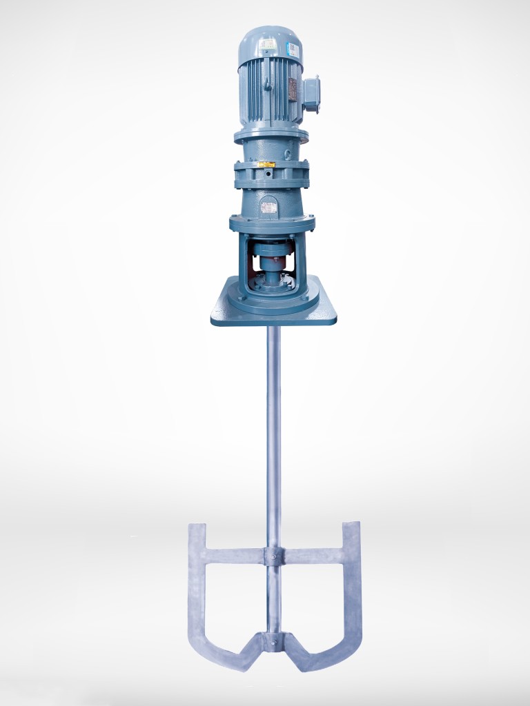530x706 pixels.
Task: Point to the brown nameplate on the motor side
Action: pyautogui.click(x=292, y=88)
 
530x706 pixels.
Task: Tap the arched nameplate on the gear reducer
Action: pyautogui.click(x=270, y=203)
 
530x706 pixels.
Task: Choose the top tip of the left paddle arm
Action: pyautogui.click(x=197, y=527)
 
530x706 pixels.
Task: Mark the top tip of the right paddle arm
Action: pyautogui.click(x=351, y=525)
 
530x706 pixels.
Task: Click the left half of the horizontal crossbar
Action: pyautogui.click(x=235, y=556)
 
